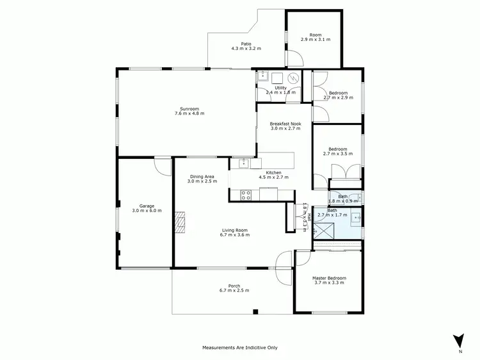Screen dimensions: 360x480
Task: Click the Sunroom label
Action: coord(189,108)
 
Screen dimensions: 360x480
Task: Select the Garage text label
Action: coord(147,206)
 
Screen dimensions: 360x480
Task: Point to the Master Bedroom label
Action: coord(329,278)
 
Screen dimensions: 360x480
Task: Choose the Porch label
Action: coord(234,286)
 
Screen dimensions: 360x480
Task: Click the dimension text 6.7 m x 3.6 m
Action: coord(235,235)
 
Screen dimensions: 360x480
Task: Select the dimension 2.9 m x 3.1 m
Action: coord(316,40)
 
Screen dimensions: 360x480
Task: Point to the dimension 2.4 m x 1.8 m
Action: coord(281,93)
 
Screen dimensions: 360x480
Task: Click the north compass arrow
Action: coord(458,341)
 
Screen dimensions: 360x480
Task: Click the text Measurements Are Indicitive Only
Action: coord(240,348)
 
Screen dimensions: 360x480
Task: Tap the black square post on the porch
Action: coord(255,312)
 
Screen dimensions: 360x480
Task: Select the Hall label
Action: coord(310,218)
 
